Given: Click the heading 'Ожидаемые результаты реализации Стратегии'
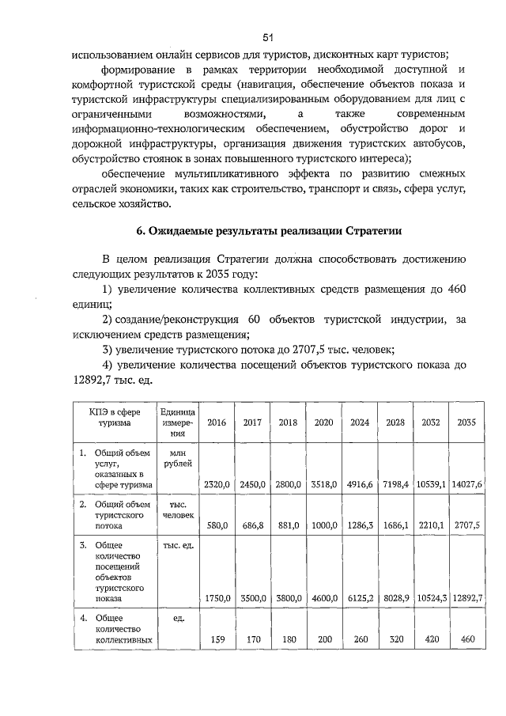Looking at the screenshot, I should point(269,231).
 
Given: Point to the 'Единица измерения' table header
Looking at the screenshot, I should point(177,422).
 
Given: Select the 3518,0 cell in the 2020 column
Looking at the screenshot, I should point(323,483).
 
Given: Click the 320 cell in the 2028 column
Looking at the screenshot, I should point(395,638).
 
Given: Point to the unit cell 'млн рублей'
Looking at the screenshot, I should point(177,457).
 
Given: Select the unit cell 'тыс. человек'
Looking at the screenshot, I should point(177,508).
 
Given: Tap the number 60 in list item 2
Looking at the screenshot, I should point(254,319).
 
